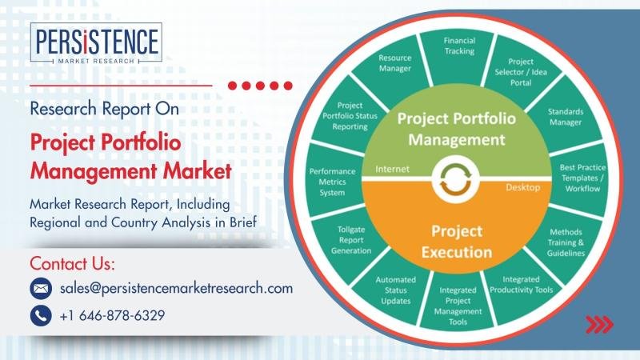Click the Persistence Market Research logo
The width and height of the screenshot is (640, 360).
coord(96,43)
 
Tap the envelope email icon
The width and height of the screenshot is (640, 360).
coord(41,289)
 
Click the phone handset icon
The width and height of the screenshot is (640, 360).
coord(41,315)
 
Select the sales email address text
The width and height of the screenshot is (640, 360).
coord(176,289)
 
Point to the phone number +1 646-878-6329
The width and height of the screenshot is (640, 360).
coord(112,315)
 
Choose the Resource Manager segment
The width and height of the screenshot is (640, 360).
coord(394,67)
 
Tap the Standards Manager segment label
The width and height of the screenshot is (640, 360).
coord(566,117)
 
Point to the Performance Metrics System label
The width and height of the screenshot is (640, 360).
coord(332,182)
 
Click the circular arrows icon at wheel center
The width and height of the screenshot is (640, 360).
coord(456,178)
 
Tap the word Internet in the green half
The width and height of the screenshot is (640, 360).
coord(392,169)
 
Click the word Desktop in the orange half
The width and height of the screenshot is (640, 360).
coord(523,187)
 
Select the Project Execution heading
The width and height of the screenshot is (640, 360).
coord(457,242)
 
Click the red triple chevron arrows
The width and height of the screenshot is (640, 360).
coord(599,325)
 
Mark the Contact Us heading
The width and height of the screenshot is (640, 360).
coord(72,264)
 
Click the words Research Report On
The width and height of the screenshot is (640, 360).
coord(105,109)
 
